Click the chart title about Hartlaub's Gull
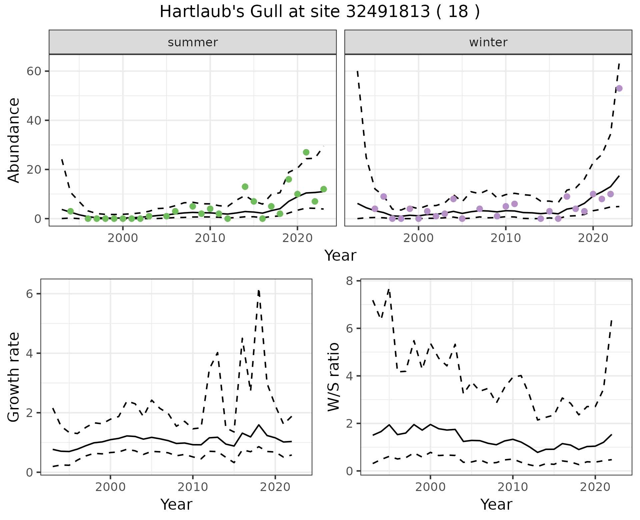click(320, 12)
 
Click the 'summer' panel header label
click(193, 42)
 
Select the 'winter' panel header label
click(488, 42)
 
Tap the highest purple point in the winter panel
click(619, 88)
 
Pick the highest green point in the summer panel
click(306, 152)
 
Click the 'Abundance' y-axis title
click(14, 140)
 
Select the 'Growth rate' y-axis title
click(14, 377)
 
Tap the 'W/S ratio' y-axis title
click(333, 377)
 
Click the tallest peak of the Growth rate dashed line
click(259, 291)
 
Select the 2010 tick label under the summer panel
click(210, 238)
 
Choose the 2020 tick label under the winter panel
click(593, 238)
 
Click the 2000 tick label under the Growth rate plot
click(110, 487)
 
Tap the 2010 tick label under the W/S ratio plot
click(513, 487)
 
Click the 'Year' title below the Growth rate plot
click(176, 504)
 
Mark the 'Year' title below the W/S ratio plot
click(496, 504)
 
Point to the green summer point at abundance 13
click(245, 187)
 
